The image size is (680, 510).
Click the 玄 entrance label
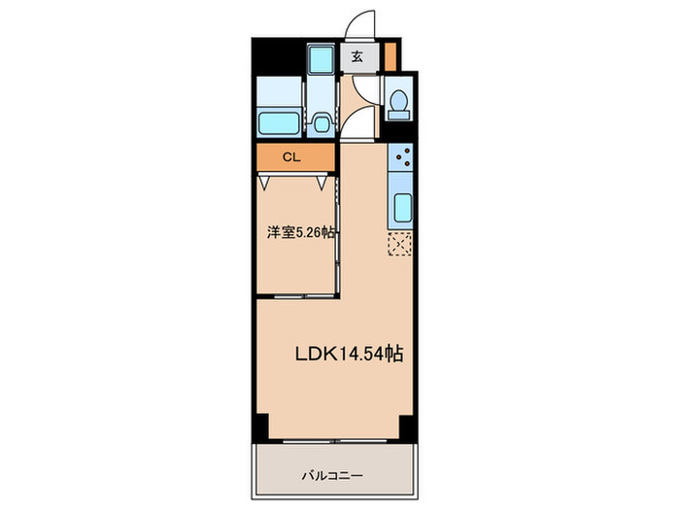tap(357, 57)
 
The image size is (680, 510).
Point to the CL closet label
tap(290, 155)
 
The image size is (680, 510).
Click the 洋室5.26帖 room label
tap(301, 233)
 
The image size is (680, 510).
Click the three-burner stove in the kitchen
tap(401, 158)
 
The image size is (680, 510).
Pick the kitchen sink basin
tap(402, 208)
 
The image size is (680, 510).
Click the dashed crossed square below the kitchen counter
tap(400, 244)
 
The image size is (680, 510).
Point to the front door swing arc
tap(361, 24)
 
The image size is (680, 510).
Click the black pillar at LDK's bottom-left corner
tap(260, 426)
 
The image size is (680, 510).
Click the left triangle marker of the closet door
tap(265, 181)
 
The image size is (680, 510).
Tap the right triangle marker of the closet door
tap(323, 181)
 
